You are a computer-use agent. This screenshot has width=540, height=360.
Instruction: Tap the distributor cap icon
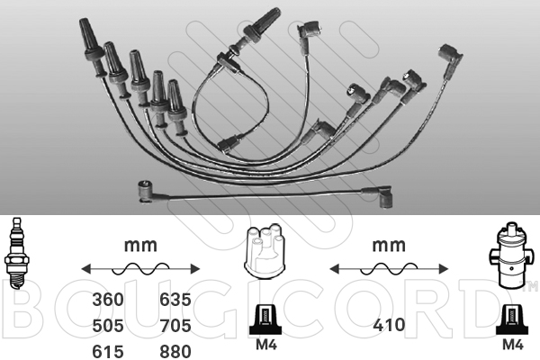click(x=264, y=251)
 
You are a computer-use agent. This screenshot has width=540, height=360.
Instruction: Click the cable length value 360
click(x=108, y=300)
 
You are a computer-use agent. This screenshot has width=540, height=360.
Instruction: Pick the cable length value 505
click(x=108, y=326)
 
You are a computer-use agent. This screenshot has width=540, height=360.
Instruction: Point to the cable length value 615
click(x=108, y=352)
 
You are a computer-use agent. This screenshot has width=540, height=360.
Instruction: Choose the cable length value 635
click(x=175, y=300)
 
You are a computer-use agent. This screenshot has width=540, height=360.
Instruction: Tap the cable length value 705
click(x=175, y=326)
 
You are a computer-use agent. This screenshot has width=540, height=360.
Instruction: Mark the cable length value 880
click(x=175, y=352)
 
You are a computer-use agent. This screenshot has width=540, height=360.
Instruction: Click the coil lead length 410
click(x=389, y=325)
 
